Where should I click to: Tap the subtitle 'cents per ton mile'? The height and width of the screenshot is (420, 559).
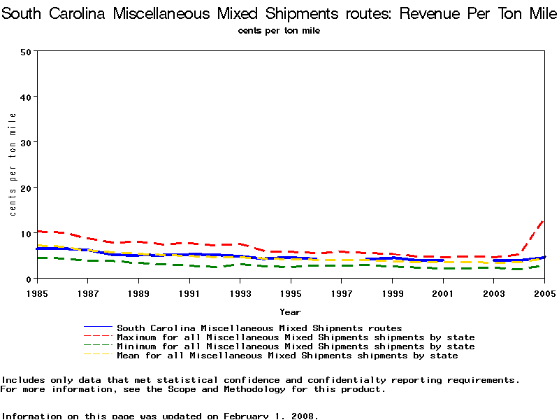pos(279,31)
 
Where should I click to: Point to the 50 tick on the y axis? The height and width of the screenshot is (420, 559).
pos(27,51)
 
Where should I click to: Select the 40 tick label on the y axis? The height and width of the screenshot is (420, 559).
pos(27,97)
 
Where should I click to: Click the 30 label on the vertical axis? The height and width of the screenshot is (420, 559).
pos(27,142)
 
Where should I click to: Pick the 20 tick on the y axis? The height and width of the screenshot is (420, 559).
pos(27,188)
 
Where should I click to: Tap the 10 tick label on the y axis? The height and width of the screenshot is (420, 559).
pos(27,233)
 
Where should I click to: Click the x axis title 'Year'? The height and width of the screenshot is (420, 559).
pos(291,311)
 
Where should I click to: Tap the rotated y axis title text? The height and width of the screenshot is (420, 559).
pos(13,164)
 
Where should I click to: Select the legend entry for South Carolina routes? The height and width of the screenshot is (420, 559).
pos(259,328)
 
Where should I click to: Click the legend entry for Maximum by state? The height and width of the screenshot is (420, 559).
pos(296,337)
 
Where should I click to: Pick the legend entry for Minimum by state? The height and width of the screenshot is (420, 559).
pos(296,346)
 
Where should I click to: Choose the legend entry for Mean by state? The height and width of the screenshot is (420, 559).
pos(287,356)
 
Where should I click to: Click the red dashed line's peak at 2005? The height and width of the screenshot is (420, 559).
pos(543,221)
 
